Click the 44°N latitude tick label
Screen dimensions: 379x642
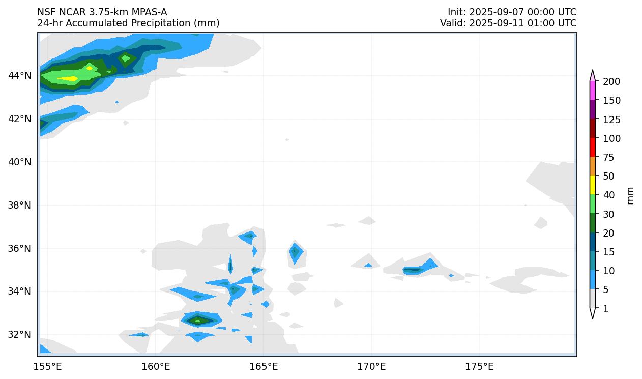click(19, 76)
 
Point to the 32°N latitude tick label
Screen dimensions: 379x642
click(19, 335)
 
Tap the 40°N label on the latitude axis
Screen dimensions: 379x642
click(19, 162)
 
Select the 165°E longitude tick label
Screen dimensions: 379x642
click(264, 367)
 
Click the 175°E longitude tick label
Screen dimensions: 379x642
click(479, 367)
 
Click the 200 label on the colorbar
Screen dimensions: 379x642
click(611, 81)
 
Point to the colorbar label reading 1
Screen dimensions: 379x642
click(605, 309)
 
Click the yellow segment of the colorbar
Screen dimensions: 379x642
click(593, 185)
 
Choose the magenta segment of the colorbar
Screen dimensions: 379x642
click(593, 91)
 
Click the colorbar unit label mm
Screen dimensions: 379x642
click(631, 195)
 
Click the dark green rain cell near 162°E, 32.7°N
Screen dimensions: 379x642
click(198, 320)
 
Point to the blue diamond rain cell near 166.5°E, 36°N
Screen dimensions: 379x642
click(295, 252)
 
